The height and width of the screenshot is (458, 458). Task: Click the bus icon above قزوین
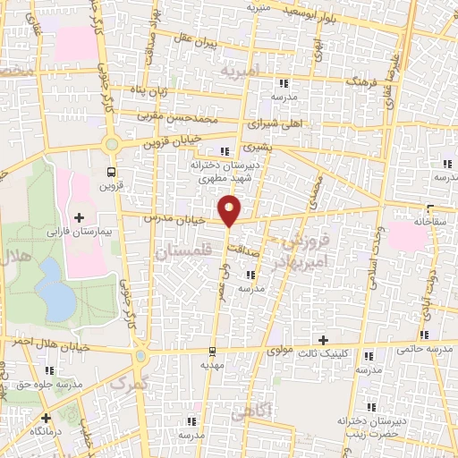(110, 172)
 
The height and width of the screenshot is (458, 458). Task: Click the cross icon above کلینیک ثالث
(323, 339)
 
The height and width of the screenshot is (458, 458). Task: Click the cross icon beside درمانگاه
(46, 417)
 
